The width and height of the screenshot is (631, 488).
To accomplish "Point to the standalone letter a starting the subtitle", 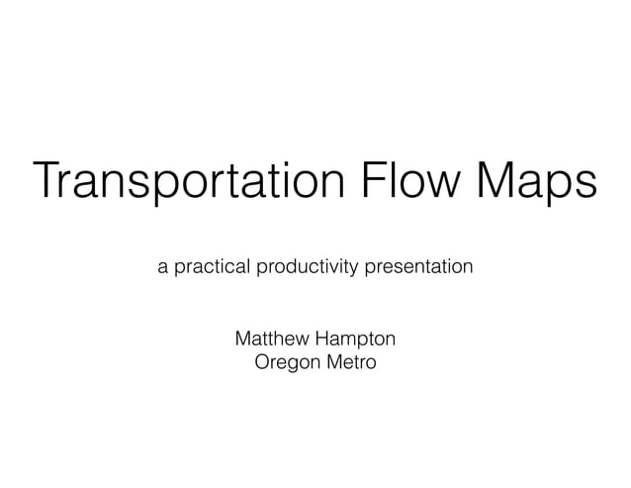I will point(162,268).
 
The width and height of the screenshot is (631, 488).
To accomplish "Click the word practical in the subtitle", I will point(211,268).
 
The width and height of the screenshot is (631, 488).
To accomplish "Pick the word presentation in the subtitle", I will point(416,268).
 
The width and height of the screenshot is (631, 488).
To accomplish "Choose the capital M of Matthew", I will point(242,340).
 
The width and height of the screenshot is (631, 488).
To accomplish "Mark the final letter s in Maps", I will point(586,188).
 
